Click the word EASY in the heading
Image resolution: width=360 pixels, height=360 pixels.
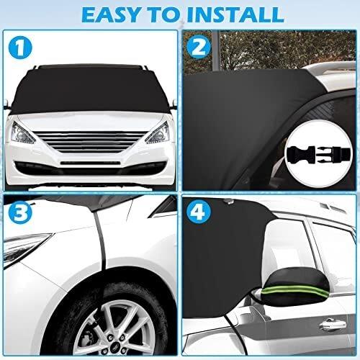pos(111,14)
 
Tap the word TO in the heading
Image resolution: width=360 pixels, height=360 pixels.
pos(164,14)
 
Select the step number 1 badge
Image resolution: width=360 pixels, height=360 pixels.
pos(20,48)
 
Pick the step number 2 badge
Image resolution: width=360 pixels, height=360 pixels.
pos(199,48)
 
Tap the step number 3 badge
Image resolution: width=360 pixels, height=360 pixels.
pos(19,212)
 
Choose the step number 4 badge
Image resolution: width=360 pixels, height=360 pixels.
pos(199,212)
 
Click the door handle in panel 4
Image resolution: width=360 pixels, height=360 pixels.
pos(333,325)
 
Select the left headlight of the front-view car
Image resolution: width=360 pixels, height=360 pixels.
pos(23,132)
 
